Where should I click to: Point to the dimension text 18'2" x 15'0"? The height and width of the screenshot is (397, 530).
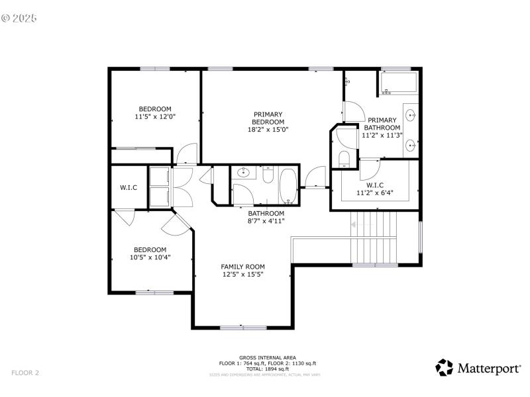[268, 130]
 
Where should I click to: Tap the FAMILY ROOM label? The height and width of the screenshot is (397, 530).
[242, 267]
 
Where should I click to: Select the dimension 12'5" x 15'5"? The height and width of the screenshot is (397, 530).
[242, 275]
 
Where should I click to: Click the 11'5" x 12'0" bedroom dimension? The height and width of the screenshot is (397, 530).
[154, 117]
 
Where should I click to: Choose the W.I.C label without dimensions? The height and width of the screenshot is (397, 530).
[129, 188]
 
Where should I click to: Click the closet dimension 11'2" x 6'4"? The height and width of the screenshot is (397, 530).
[375, 193]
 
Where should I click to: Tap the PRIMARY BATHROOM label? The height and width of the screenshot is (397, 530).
[381, 124]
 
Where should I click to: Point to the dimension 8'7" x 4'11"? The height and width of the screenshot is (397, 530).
[266, 221]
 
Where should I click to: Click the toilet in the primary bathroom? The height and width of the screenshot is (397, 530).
[343, 159]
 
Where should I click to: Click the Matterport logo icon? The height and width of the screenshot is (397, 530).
[444, 368]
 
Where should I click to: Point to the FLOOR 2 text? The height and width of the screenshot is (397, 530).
[25, 373]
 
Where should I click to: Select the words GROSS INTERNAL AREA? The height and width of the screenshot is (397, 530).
[268, 357]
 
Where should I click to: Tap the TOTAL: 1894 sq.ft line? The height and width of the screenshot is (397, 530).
[268, 369]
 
